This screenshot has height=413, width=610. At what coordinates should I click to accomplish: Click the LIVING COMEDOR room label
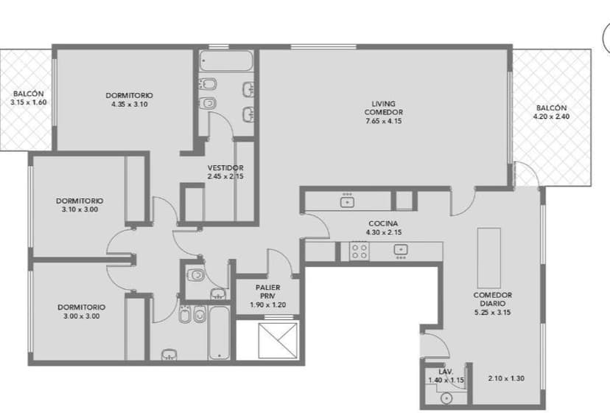click(x=384, y=108)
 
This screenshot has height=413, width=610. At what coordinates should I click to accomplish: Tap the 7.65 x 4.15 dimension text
click(x=384, y=121)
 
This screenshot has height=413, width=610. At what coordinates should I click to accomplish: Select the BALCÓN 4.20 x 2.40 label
click(x=551, y=112)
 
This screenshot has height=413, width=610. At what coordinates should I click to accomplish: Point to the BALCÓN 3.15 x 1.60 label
click(x=29, y=98)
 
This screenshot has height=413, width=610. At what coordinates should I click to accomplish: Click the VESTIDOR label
click(x=225, y=168)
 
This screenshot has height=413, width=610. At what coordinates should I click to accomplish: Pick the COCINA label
click(x=383, y=223)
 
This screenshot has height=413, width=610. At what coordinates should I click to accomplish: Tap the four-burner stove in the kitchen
click(x=360, y=251)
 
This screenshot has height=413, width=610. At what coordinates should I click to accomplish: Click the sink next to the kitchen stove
click(x=401, y=250)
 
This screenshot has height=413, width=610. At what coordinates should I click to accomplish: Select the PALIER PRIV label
click(x=267, y=292)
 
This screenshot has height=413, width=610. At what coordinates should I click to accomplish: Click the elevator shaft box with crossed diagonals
click(x=278, y=341)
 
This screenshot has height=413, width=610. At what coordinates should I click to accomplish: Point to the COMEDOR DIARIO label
click(x=493, y=299)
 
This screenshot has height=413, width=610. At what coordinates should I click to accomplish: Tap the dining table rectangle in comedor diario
click(x=489, y=258)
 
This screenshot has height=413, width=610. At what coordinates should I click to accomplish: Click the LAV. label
click(x=446, y=372)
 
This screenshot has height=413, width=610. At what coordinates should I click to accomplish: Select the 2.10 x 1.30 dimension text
click(x=506, y=378)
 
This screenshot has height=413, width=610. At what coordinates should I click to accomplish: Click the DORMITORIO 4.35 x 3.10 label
click(x=129, y=100)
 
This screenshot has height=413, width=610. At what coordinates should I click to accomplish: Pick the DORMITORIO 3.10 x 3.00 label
click(x=80, y=205)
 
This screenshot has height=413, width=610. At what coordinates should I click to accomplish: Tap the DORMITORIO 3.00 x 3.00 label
click(x=81, y=312)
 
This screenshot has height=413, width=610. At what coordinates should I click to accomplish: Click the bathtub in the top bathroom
click(x=226, y=60)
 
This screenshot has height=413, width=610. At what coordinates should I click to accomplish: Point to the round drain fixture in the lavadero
click(x=446, y=398)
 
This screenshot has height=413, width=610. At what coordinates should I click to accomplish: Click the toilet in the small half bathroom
click(x=196, y=275)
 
